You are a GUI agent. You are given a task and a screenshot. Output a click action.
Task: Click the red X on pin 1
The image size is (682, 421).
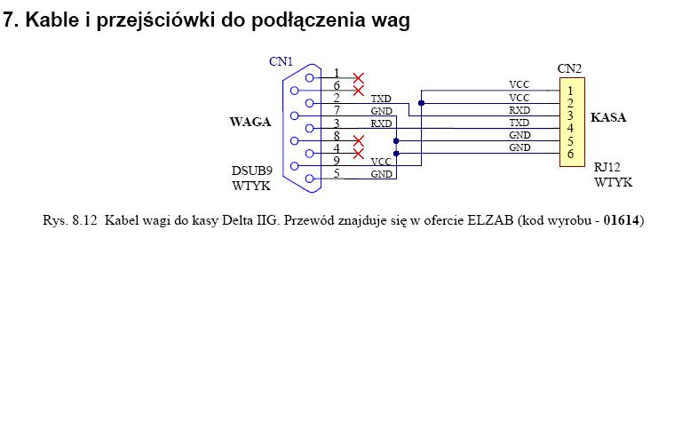click(x=359, y=78)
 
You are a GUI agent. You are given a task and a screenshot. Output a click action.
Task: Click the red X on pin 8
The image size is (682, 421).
click(x=359, y=141)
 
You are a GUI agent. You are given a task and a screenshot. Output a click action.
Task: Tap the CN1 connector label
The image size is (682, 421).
click(x=281, y=61)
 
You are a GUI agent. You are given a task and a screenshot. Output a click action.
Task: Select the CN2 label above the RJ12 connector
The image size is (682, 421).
click(x=569, y=68)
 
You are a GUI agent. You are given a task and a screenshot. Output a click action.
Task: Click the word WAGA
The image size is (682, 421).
click(x=250, y=122)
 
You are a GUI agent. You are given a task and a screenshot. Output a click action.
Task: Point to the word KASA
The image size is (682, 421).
click(x=608, y=116)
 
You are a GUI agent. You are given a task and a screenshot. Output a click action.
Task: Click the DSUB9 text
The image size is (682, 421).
click(x=252, y=171)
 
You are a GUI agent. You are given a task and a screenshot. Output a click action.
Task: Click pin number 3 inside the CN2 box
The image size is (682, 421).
click(x=569, y=115)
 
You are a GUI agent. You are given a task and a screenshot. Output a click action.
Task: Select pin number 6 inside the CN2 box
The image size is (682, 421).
click(x=569, y=155)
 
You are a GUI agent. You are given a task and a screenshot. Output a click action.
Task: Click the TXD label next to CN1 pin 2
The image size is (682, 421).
click(x=381, y=98)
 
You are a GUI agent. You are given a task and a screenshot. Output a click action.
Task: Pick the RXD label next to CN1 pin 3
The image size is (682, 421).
click(x=381, y=123)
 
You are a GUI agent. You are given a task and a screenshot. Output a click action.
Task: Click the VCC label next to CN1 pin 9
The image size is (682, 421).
click(x=381, y=162)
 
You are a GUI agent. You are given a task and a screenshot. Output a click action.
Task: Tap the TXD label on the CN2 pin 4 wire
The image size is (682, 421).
click(x=519, y=123)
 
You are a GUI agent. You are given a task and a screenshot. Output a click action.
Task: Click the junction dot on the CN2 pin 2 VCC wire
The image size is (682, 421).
click(x=421, y=103)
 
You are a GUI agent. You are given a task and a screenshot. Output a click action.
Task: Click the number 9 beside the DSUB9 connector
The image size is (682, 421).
click(x=337, y=161)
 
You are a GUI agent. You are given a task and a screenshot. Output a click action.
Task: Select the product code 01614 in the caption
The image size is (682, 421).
click(x=622, y=219)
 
